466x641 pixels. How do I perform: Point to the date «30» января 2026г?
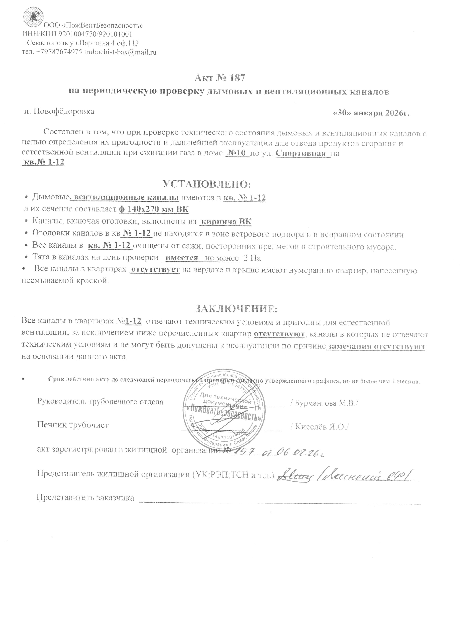372,113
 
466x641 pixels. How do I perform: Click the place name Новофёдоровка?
64,111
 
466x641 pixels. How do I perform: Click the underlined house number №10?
237,154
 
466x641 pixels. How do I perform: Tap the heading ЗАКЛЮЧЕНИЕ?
236,309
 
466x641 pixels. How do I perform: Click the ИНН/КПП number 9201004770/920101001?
96,35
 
